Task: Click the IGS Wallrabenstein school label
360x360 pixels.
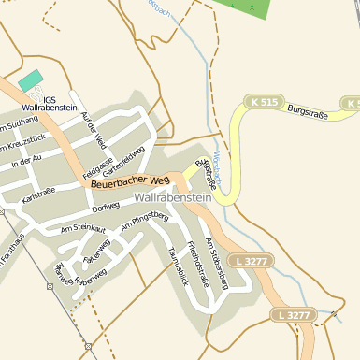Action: click(x=42, y=103)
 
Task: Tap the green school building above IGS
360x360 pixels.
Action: click(x=30, y=80)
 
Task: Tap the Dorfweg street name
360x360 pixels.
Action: click(x=106, y=207)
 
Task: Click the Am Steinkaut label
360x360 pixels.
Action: click(x=83, y=227)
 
